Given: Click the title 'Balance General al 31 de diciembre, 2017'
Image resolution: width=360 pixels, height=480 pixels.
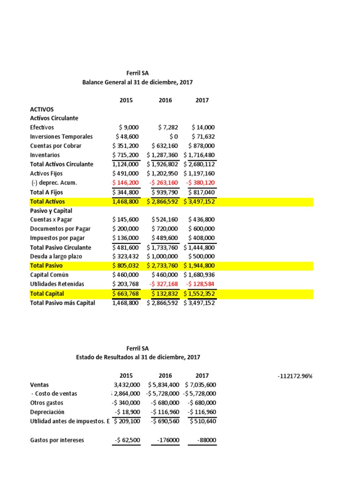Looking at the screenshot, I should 137,82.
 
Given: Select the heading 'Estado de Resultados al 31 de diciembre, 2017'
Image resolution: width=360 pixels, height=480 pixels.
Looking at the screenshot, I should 138,357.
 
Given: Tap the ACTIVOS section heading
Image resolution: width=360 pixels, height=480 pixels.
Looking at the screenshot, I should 42,109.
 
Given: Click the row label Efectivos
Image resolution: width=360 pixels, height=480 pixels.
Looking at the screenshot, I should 42,127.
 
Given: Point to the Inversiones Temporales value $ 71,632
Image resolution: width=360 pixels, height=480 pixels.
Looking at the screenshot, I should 203,137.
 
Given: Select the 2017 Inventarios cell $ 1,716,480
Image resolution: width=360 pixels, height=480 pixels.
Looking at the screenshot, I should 199,155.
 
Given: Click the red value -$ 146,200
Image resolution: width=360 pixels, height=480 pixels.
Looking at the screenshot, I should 126,183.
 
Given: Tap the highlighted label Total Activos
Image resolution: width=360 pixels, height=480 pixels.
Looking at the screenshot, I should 48,202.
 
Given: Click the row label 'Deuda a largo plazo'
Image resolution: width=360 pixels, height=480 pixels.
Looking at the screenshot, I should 56,257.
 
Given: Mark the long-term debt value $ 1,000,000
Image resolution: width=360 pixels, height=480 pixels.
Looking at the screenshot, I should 162,257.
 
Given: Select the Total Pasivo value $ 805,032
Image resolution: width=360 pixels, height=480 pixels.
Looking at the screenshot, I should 126,266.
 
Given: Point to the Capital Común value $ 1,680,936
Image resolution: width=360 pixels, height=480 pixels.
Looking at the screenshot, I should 199,275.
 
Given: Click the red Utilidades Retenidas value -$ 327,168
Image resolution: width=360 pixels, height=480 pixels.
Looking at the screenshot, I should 164,285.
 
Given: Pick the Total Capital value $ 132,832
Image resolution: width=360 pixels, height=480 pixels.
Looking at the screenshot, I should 165,294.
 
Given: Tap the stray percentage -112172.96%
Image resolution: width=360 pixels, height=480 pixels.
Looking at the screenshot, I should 295,376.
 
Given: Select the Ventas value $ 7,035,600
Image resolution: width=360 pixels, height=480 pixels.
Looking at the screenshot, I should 199,385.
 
